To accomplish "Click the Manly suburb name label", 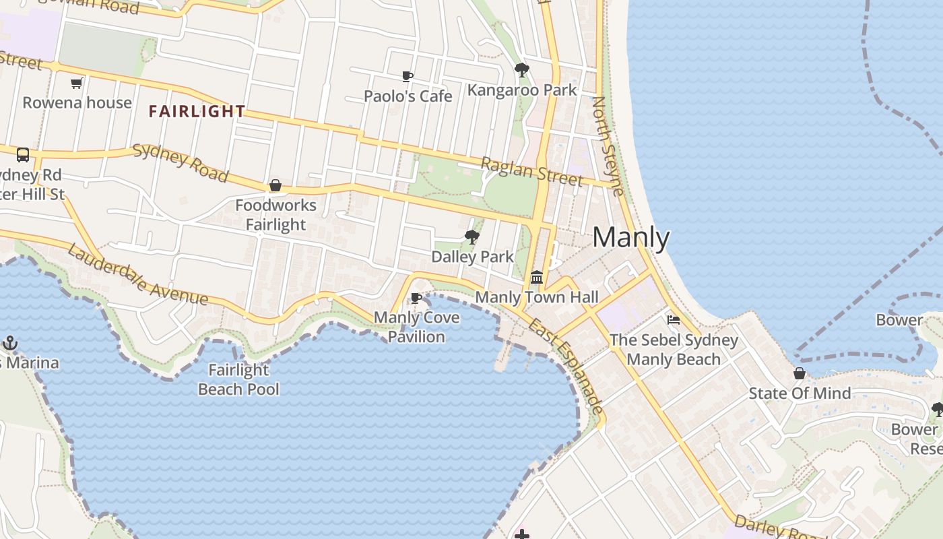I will tap(631, 238).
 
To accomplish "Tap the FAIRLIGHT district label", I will tap(197, 112).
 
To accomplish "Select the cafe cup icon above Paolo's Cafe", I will tap(407, 76).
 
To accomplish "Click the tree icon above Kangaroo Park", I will tap(521, 69).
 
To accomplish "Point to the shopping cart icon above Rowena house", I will tap(76, 84).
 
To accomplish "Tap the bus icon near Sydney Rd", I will tap(23, 155).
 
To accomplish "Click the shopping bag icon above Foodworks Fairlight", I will tap(275, 185).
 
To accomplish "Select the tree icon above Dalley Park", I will tap(471, 236).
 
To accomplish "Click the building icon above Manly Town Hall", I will tap(537, 277).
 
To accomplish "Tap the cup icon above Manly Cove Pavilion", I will tap(416, 298).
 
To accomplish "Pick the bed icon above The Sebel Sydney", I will tap(673, 320).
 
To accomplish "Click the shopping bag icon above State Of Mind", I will tap(800, 373).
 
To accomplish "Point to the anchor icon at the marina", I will tap(9, 343).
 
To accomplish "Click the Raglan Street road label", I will tap(531, 171).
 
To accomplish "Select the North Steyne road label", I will tap(608, 146).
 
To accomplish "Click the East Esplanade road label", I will tap(566, 366).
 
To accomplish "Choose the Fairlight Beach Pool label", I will tap(238, 379).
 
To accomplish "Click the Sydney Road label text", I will tap(181, 162).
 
